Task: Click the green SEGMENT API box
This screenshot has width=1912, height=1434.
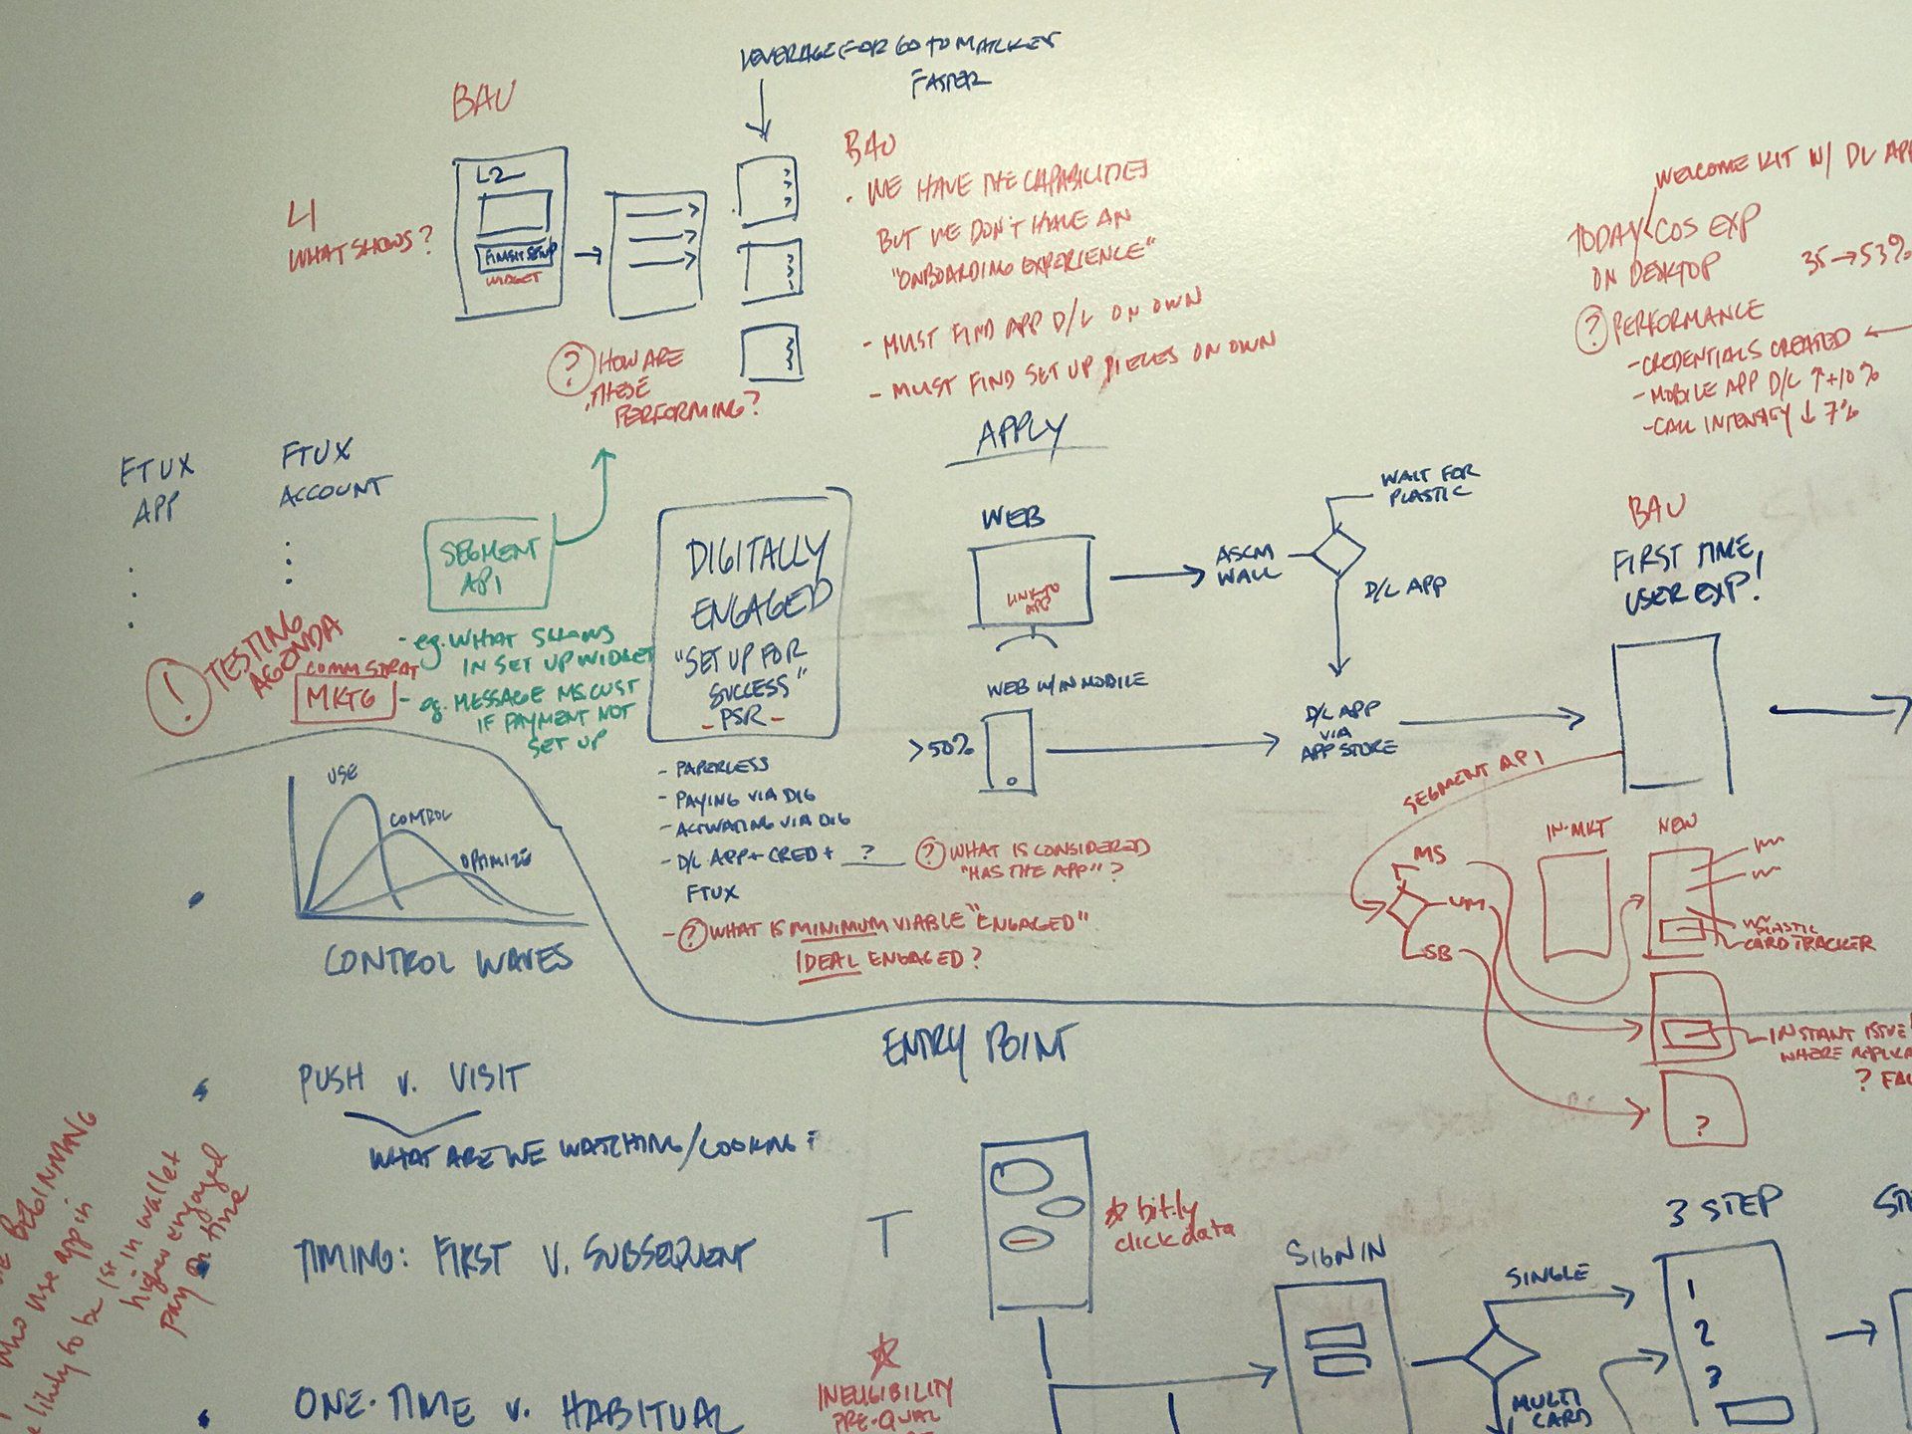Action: (x=488, y=565)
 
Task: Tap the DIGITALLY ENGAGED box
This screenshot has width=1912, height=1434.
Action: (x=749, y=615)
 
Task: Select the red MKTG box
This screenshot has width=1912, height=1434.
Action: (x=344, y=699)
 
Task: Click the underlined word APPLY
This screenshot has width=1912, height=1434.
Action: (x=1021, y=434)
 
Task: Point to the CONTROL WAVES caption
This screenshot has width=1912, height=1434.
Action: (x=448, y=960)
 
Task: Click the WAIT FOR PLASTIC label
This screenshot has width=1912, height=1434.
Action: (x=1427, y=484)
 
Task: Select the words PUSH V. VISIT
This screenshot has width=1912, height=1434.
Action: (x=411, y=1080)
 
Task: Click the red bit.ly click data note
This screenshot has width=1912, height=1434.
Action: (x=1173, y=1221)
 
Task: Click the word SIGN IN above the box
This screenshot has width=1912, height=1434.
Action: (x=1334, y=1255)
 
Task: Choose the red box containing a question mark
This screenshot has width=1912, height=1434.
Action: (x=1704, y=1109)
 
